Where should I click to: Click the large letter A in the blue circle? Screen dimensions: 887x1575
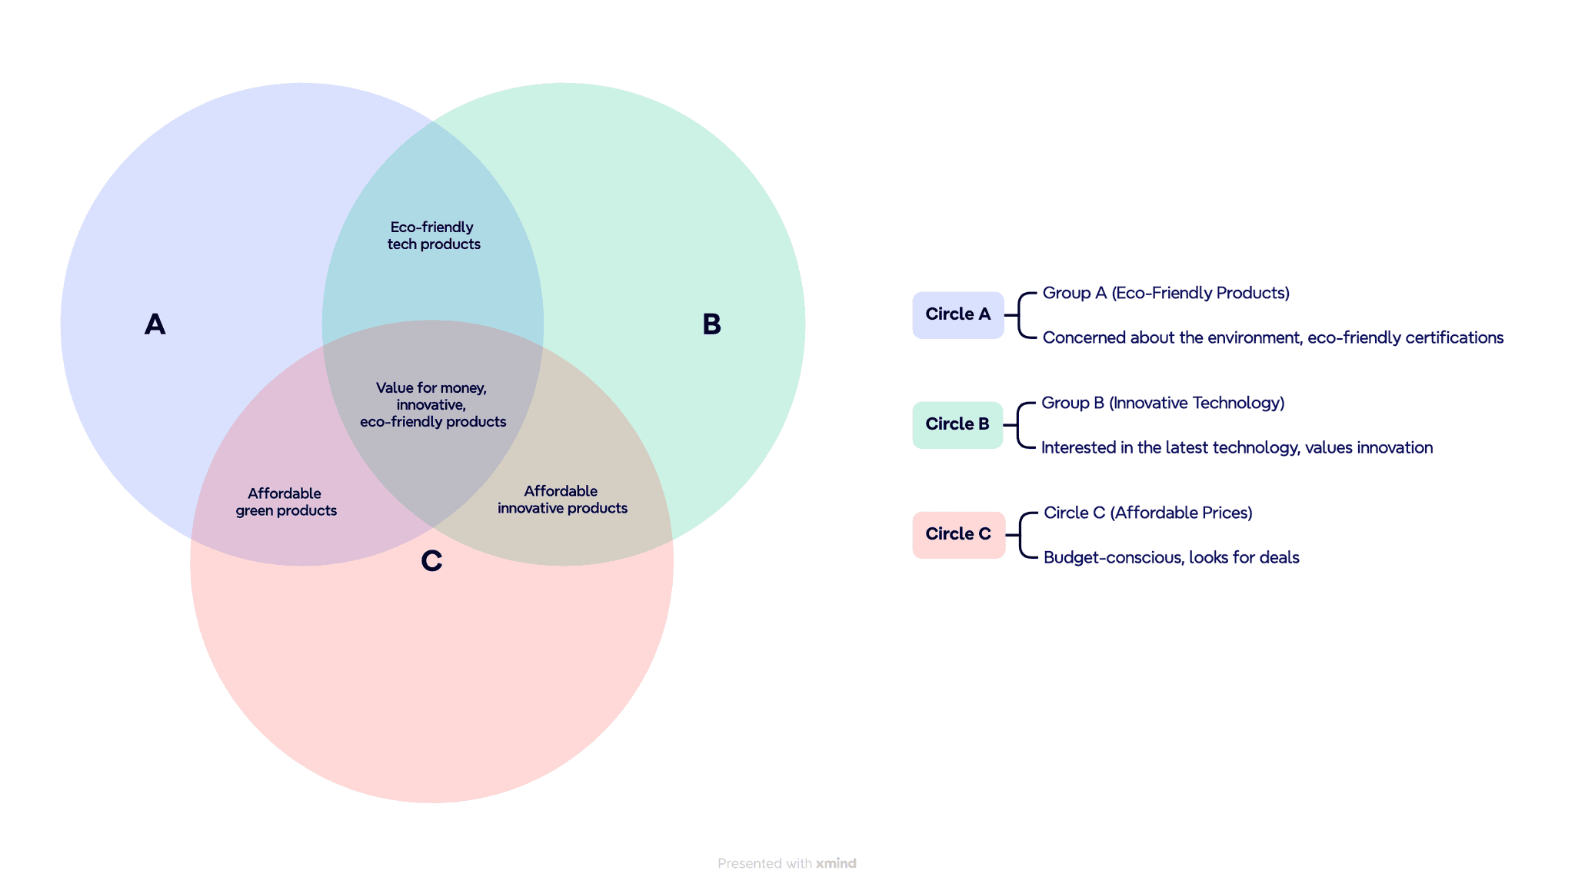[x=155, y=324]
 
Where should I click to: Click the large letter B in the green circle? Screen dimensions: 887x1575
[x=711, y=324]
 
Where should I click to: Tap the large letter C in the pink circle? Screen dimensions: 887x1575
[x=431, y=561]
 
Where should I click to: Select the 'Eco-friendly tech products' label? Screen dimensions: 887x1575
[x=433, y=235]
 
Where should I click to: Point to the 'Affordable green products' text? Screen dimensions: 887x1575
[x=285, y=502]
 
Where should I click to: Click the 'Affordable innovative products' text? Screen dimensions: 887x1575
[x=561, y=500]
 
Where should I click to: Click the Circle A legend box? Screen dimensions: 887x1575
[x=957, y=314]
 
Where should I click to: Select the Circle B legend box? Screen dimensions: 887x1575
[x=957, y=424]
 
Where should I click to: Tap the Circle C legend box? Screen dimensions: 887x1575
[x=958, y=534]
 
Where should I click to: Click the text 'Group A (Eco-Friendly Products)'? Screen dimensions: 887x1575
[x=1165, y=293]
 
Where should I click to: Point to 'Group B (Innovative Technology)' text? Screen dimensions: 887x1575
[x=1162, y=403]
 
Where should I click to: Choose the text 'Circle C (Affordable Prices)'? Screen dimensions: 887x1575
[x=1147, y=513]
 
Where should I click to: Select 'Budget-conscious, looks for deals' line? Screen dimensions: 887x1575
[x=1170, y=557]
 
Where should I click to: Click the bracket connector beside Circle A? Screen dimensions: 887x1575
[x=1021, y=315]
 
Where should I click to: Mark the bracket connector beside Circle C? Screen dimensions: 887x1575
[x=1022, y=535]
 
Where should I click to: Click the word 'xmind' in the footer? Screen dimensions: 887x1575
[x=836, y=863]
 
